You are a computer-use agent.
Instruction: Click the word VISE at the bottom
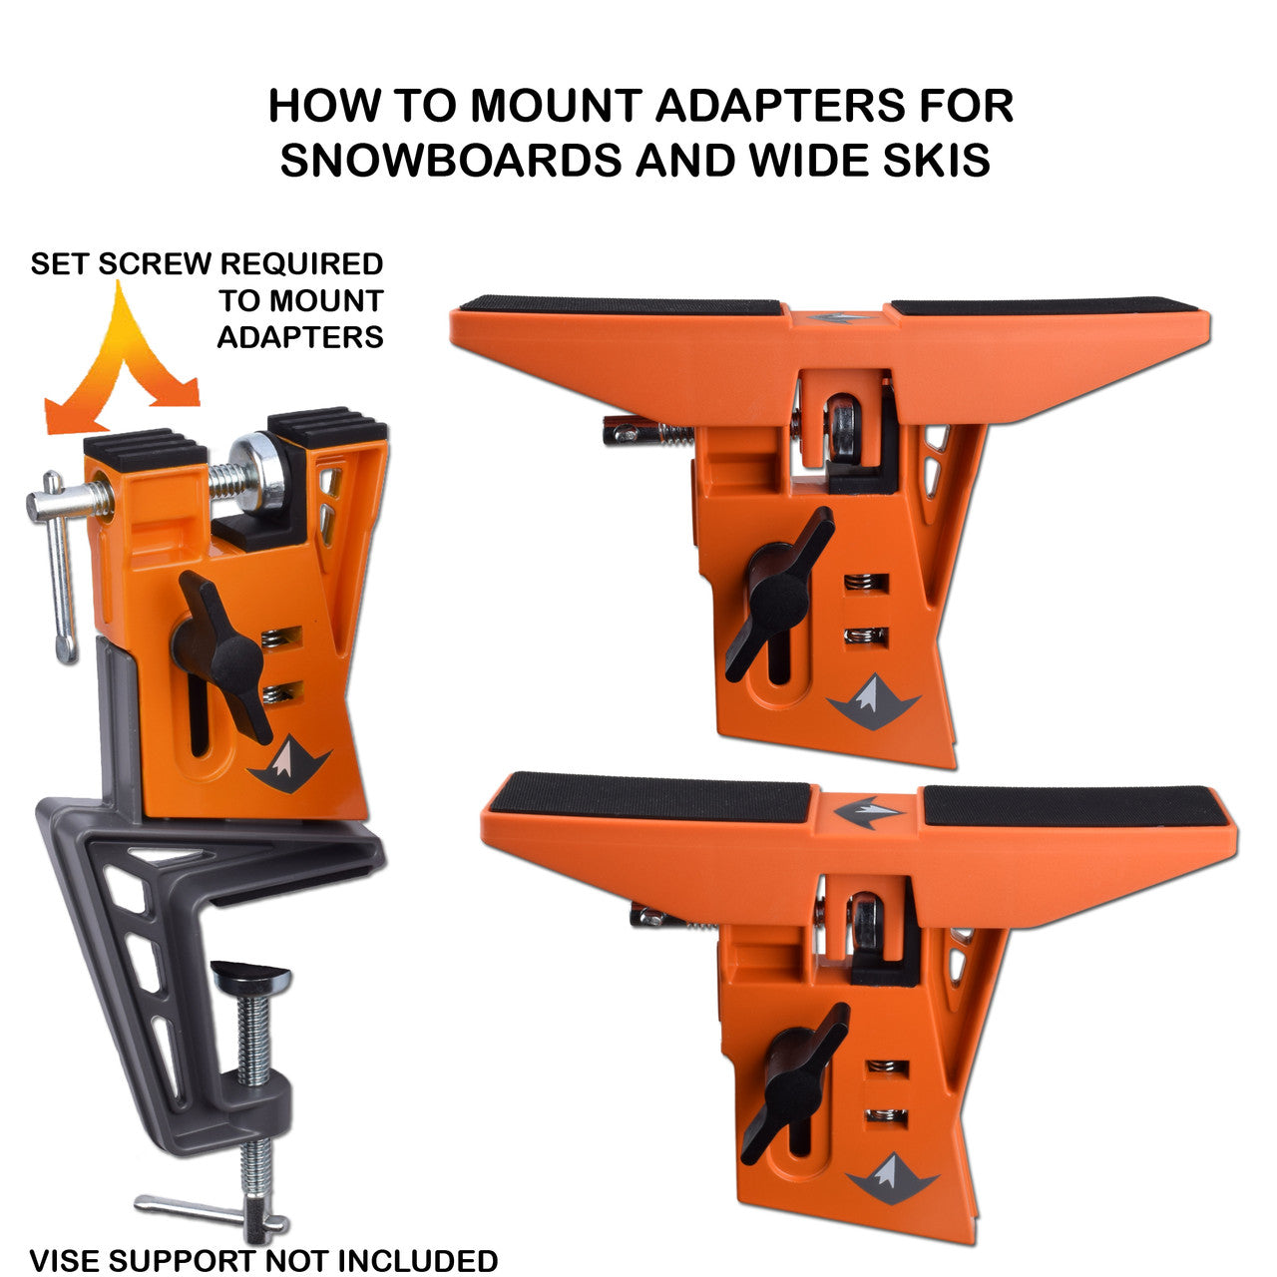[x=66, y=1260]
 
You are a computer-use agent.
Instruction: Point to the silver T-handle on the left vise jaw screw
[x=58, y=569]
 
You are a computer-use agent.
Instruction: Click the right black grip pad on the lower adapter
[x=1072, y=806]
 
